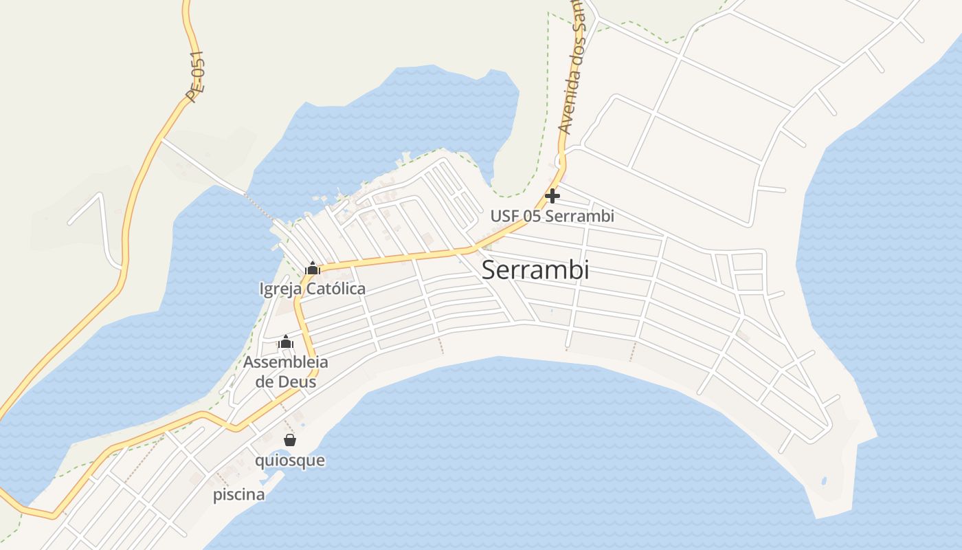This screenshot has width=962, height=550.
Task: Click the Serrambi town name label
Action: pos(535,270)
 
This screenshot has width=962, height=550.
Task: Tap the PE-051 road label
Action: pos(195,77)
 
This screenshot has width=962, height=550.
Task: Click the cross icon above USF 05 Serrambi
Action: pos(552,197)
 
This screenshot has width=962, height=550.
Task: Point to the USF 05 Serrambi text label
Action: pos(552,216)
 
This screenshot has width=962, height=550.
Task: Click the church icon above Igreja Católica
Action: pos(313,268)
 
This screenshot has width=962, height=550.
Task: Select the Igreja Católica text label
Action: pos(313,289)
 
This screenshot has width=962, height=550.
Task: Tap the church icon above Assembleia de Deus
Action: pos(286,342)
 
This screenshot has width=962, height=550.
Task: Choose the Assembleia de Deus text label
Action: pos(286,371)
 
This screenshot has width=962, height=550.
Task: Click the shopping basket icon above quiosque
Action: pos(290,440)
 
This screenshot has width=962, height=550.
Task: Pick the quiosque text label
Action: pos(290,460)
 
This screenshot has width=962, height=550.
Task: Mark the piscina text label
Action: pos(238,495)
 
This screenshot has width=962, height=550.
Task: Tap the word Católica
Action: pos(335,289)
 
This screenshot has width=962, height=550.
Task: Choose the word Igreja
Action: pos(280,289)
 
